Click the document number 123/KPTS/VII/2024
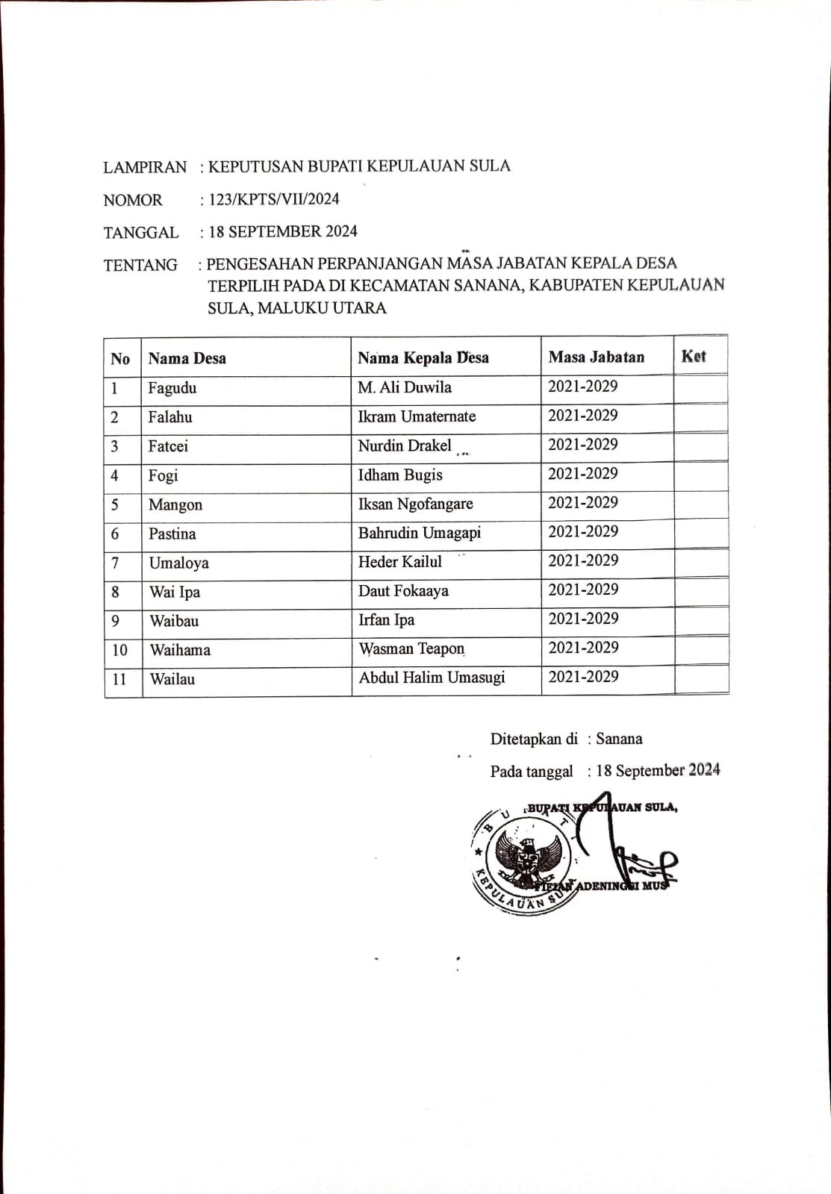point(274,199)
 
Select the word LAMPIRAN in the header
point(145,167)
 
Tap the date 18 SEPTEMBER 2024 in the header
point(283,231)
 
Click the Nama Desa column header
point(187,358)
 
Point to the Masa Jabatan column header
point(596,357)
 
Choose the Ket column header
point(693,356)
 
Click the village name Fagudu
point(172,388)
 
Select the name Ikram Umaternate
point(417,416)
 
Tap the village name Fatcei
point(168,446)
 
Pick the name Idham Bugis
point(400,475)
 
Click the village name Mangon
point(175,505)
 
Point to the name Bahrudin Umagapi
point(420,533)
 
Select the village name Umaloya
point(178,563)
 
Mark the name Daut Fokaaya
point(403,591)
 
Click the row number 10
point(119,650)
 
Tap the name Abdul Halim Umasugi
point(432,678)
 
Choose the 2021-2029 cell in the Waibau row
point(583,619)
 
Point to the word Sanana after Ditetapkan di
point(619,739)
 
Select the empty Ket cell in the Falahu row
point(700,418)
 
